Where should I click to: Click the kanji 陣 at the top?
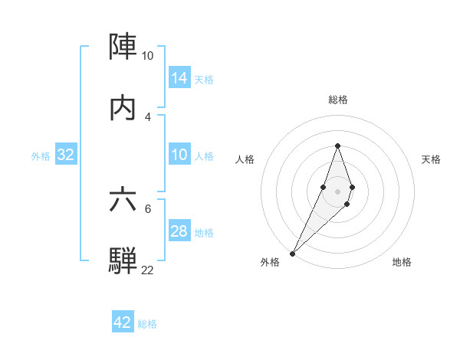[123, 47]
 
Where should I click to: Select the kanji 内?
[123, 109]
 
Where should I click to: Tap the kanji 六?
[123, 200]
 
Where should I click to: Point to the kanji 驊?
[123, 260]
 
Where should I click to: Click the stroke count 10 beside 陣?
[147, 56]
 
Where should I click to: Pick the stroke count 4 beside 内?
[147, 117]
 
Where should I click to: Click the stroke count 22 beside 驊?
[147, 270]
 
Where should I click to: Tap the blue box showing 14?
[179, 78]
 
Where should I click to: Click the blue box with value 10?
[179, 155]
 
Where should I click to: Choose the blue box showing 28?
[179, 231]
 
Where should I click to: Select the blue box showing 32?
[66, 155]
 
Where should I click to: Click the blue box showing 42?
[123, 322]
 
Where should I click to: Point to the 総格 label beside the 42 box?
[148, 324]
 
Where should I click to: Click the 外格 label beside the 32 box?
[41, 156]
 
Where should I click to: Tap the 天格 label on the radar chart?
[431, 159]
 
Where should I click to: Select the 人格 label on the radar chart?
[245, 159]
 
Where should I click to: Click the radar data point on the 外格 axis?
[292, 253]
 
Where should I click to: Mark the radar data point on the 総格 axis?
[337, 146]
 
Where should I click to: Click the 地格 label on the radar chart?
[402, 262]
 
